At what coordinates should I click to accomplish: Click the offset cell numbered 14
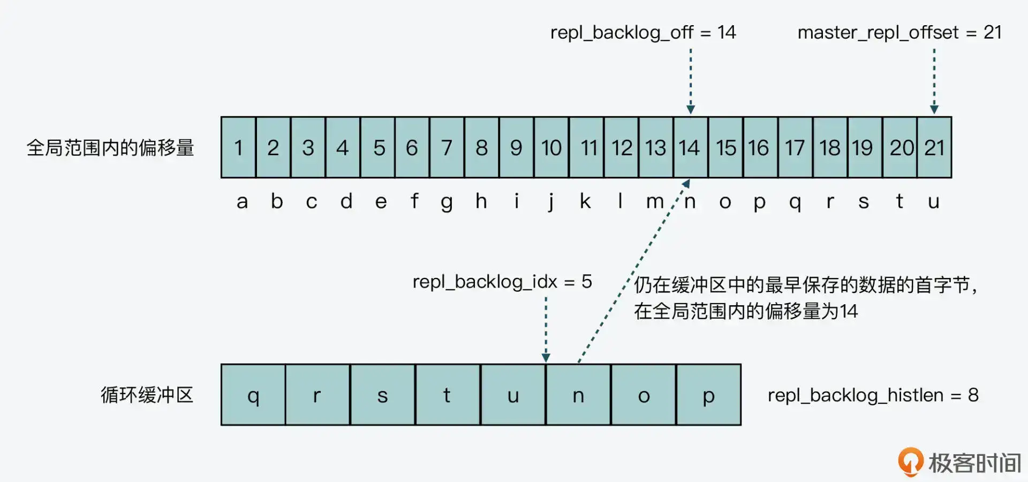click(690, 147)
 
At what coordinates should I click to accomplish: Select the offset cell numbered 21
click(934, 147)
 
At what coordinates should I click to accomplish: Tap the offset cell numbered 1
click(239, 147)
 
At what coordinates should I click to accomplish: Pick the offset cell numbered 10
click(551, 147)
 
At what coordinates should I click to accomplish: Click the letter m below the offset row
click(654, 202)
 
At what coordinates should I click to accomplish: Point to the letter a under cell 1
click(242, 202)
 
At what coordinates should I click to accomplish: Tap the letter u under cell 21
click(934, 202)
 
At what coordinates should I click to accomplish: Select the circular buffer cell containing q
click(253, 395)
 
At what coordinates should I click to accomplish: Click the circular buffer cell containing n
click(578, 395)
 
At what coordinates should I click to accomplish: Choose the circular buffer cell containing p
click(708, 395)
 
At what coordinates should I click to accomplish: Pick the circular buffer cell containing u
click(513, 395)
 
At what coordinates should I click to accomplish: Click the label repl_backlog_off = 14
click(643, 33)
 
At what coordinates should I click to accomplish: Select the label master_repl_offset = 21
click(899, 33)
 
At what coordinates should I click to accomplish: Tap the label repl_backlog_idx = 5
click(502, 282)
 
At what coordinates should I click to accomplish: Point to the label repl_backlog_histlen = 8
click(873, 395)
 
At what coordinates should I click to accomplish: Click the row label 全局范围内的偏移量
click(110, 148)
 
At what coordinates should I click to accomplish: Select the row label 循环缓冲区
click(147, 395)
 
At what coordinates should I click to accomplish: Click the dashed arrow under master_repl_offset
click(934, 80)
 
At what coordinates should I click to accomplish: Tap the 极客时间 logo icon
click(910, 461)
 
